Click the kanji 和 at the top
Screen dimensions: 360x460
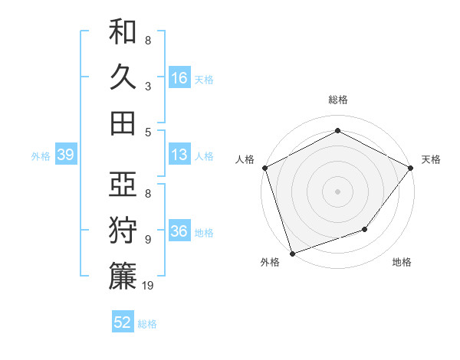(x=123, y=33)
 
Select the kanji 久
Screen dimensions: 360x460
(x=123, y=77)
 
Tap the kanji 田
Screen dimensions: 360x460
(x=123, y=123)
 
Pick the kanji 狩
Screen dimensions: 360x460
(x=123, y=231)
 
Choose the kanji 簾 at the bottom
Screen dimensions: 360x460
(x=123, y=276)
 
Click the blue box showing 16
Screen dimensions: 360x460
(x=179, y=77)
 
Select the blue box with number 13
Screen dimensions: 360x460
(x=179, y=155)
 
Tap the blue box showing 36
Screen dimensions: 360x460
(x=179, y=232)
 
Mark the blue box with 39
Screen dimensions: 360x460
(x=65, y=155)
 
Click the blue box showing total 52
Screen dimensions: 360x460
(x=123, y=322)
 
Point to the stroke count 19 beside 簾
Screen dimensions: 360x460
(x=148, y=286)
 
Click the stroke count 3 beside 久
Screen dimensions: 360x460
(x=148, y=86)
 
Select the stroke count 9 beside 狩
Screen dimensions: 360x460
(x=148, y=239)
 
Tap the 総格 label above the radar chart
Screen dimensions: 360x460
(x=337, y=100)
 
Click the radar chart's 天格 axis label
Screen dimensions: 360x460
(x=431, y=159)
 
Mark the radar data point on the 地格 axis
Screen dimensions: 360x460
(x=366, y=229)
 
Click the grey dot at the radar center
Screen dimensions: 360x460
(x=337, y=191)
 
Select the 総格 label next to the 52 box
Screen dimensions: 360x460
(x=147, y=324)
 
